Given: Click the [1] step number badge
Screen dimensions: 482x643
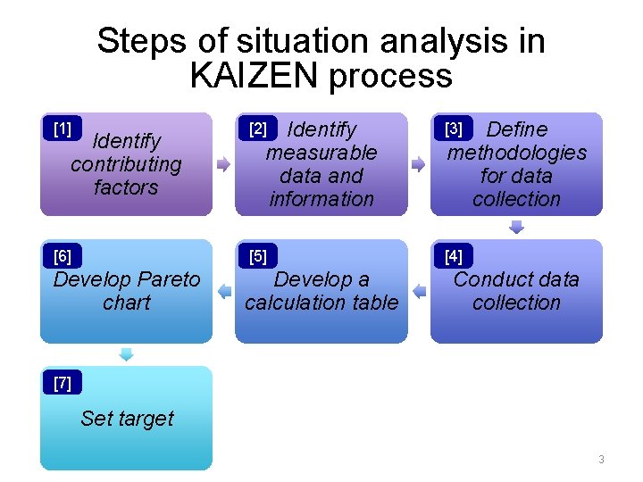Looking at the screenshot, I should click(63, 129).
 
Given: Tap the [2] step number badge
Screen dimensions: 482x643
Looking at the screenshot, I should click(258, 129).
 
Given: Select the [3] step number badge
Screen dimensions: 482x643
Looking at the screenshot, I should click(454, 129).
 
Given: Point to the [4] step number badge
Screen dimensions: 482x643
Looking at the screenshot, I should click(454, 257).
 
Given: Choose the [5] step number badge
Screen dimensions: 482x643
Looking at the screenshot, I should click(258, 257).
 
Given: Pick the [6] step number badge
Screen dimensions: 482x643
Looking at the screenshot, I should click(63, 257).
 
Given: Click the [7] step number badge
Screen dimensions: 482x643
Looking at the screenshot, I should click(63, 384).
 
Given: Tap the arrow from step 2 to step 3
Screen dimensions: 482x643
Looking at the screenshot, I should click(418, 164).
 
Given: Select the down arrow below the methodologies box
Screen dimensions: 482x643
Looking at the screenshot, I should click(516, 227).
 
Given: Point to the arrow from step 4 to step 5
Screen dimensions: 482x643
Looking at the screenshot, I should click(418, 291).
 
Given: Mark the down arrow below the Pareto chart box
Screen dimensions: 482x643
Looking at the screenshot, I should click(126, 353).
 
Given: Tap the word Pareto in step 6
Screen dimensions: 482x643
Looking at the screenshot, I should click(166, 279).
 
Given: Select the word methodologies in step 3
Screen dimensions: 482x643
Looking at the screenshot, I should click(517, 153).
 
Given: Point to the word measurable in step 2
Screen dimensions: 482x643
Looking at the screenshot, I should click(321, 153).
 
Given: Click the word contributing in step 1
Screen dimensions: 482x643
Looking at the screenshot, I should click(126, 164).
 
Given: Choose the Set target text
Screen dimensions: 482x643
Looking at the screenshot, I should click(127, 418).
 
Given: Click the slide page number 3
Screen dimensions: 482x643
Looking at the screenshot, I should click(601, 460).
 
